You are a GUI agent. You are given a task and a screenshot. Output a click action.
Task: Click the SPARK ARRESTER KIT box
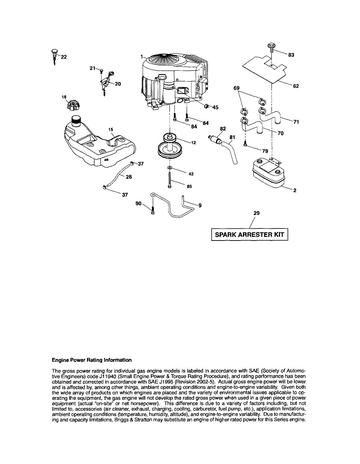(x=249, y=235)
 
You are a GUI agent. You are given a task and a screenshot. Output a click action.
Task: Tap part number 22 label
(x=63, y=57)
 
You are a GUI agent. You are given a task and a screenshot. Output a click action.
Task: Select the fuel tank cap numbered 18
(x=72, y=105)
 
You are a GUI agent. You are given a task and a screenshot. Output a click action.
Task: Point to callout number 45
(x=215, y=107)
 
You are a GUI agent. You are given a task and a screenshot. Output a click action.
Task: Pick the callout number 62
(x=295, y=86)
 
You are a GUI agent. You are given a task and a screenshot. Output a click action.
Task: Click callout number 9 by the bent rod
(x=200, y=206)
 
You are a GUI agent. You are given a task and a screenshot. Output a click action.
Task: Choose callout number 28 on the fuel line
(x=129, y=177)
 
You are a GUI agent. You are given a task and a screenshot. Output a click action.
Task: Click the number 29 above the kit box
(x=256, y=213)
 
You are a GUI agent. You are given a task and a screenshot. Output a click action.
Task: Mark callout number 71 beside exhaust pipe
(x=296, y=122)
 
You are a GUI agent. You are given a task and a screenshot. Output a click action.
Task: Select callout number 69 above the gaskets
(x=237, y=88)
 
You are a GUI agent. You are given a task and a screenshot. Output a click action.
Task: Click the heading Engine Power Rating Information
(x=92, y=360)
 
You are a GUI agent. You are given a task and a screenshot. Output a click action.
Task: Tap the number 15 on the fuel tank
(x=111, y=129)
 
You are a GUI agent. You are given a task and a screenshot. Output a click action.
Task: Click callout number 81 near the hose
(x=232, y=136)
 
